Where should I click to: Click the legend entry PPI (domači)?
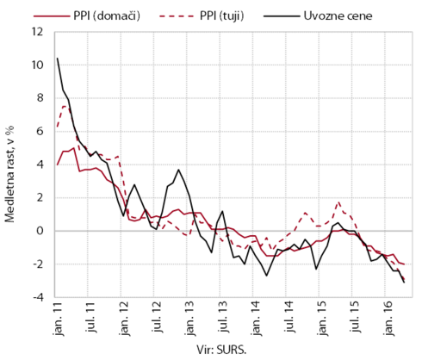87,16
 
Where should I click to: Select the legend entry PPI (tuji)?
202,16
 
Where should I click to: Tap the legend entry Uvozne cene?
318,16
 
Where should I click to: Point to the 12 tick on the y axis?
38,32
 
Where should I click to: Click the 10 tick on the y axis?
38,65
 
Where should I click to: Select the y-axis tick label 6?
40,132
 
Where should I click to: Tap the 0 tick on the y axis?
40,231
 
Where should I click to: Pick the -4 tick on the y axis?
38,297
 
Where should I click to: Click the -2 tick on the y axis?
38,264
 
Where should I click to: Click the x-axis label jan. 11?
59,319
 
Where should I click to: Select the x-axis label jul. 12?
158,317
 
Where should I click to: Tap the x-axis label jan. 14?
257,319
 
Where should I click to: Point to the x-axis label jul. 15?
356,317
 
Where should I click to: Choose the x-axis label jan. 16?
389,319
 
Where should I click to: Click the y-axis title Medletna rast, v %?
9,174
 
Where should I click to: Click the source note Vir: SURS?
221,351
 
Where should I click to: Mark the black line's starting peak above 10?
58,59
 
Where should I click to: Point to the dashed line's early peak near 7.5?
65,106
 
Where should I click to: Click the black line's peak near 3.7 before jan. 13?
178,170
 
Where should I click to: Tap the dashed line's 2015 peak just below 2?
339,202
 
